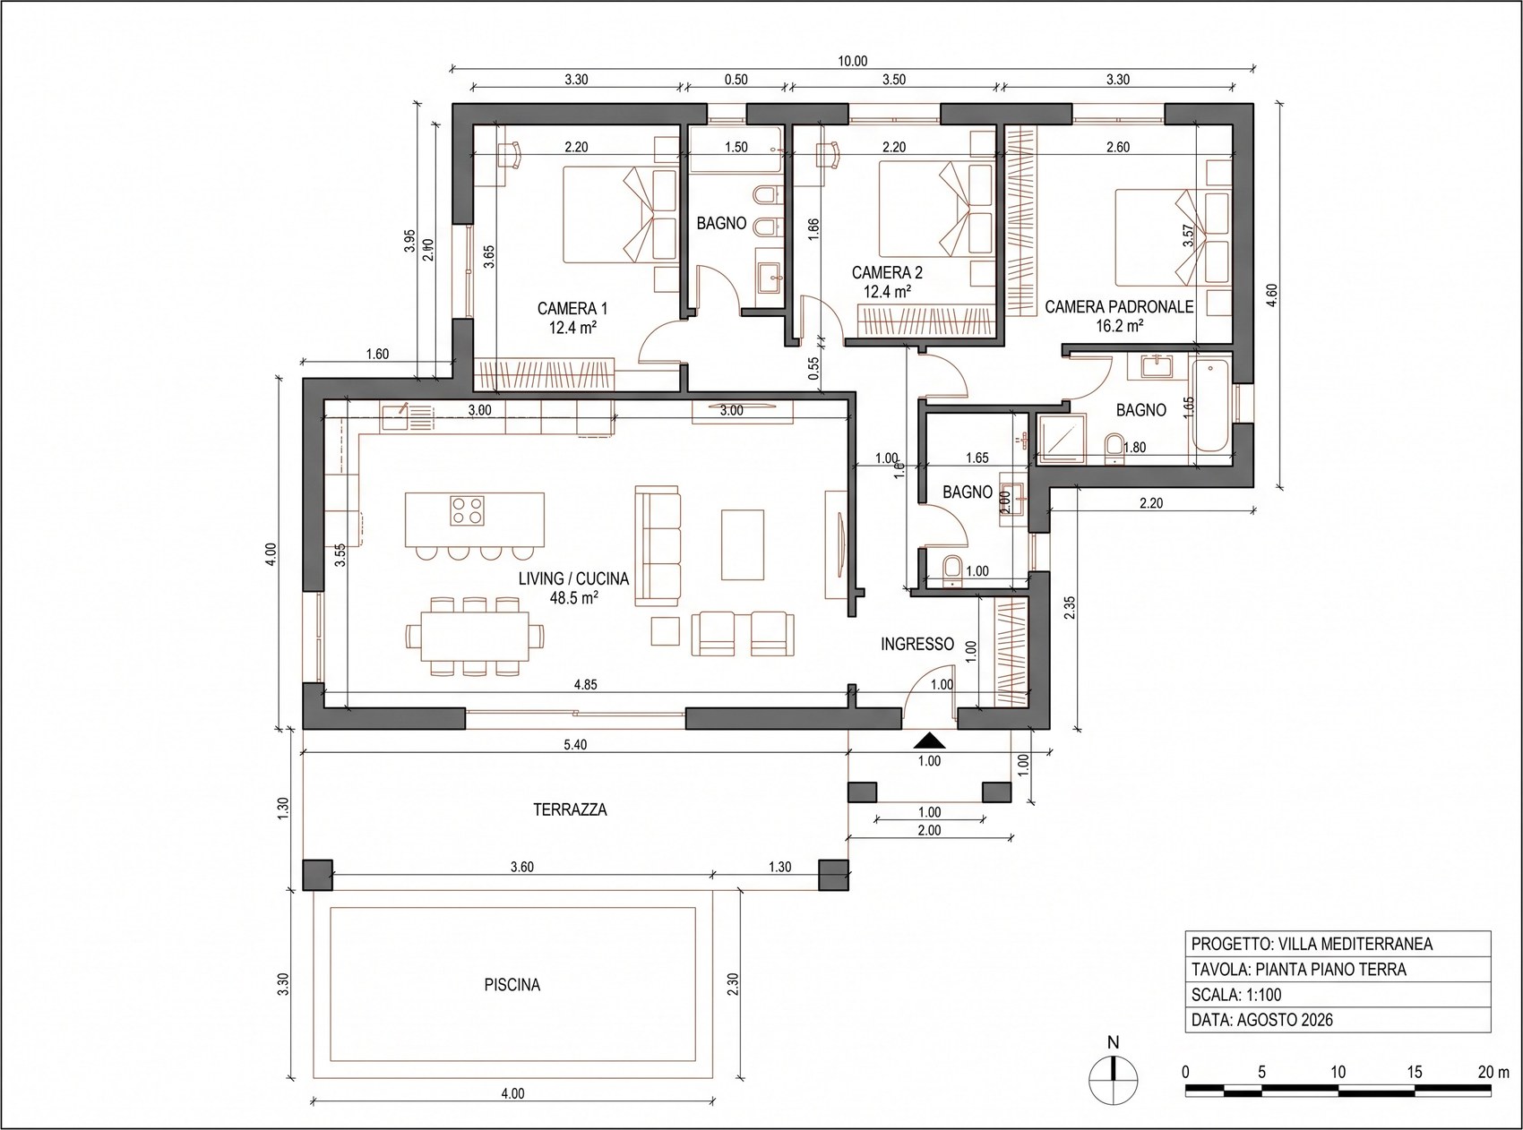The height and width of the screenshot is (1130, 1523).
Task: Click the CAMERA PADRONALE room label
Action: pos(1119,307)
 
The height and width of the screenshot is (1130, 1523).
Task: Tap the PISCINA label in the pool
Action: pos(512,985)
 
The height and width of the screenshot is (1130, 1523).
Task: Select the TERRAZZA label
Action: pos(570,810)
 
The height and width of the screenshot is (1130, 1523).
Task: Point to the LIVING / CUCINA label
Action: pos(573,579)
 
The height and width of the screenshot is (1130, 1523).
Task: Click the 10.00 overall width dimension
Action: pos(852,62)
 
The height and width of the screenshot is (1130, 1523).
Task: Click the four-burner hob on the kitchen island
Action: pos(466,509)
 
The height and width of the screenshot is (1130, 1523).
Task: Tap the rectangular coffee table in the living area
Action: pos(743,545)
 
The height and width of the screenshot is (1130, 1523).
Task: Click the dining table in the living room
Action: pos(475,635)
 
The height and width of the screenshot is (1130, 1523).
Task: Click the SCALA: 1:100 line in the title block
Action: pos(1236,995)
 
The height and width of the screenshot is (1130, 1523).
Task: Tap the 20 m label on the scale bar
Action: pos(1493,1072)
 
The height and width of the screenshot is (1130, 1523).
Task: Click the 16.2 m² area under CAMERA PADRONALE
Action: pos(1119,327)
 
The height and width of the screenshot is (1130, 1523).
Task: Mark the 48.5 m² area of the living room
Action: pos(574,598)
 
